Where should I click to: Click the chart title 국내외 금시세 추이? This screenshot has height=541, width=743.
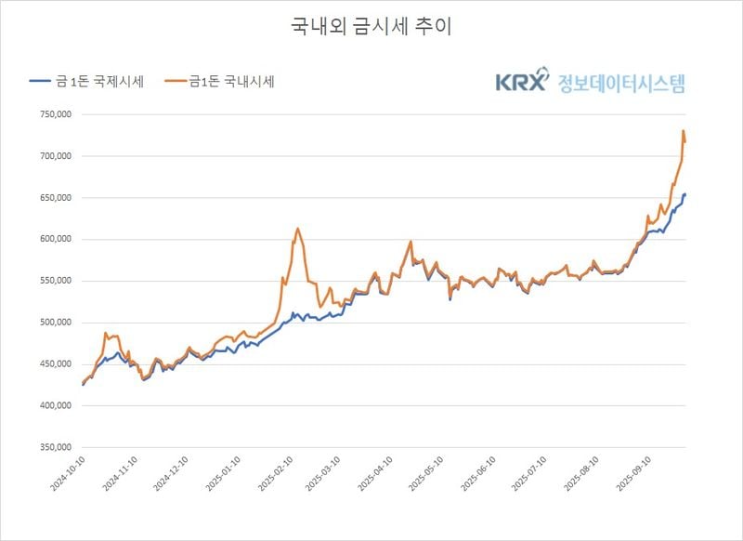(x=371, y=27)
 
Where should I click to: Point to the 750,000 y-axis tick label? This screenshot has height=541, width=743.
(x=52, y=114)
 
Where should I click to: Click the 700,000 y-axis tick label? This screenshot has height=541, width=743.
(x=52, y=156)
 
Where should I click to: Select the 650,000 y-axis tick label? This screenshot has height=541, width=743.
(x=52, y=198)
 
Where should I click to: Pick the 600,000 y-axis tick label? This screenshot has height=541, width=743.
(x=52, y=239)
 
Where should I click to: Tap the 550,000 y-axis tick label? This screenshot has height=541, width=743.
(x=52, y=281)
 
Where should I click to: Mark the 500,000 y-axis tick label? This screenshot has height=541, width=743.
(x=52, y=323)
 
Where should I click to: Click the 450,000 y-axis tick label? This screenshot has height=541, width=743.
(x=52, y=363)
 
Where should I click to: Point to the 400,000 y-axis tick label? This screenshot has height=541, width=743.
(x=52, y=405)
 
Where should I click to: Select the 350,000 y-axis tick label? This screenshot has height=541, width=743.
(x=52, y=447)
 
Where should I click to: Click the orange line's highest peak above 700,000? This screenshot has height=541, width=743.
(x=683, y=131)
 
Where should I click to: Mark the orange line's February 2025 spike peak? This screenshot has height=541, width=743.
(x=297, y=229)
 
